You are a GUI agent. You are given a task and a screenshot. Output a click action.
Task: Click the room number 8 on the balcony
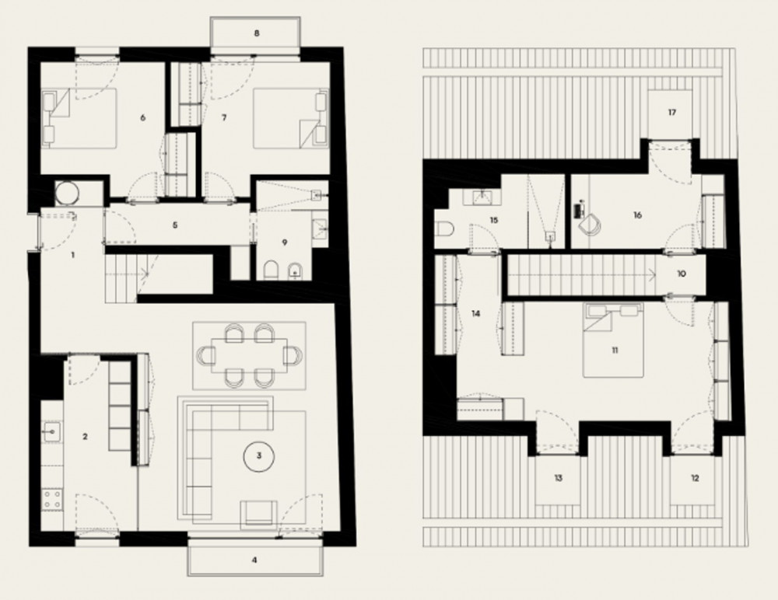257,33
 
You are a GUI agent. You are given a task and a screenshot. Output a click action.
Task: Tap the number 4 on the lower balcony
254,560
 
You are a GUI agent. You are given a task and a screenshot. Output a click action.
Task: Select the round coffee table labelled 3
258,455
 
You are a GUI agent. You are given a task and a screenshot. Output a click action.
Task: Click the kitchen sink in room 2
51,431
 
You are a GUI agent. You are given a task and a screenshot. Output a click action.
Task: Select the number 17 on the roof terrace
672,113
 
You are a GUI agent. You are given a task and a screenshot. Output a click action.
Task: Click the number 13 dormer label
558,478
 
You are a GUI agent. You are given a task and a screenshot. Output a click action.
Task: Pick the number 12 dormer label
695,478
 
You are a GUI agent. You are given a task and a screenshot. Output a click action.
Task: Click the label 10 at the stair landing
682,274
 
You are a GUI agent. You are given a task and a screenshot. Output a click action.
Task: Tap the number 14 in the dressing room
476,314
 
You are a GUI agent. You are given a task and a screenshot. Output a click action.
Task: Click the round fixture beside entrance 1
66,193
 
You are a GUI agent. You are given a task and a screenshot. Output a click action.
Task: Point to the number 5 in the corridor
174,225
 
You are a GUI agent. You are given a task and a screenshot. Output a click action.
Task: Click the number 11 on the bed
615,350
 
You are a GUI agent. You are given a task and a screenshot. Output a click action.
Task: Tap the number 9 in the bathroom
284,242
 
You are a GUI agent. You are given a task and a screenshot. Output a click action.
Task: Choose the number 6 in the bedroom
143,117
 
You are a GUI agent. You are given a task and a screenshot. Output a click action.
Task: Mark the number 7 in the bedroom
224,117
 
